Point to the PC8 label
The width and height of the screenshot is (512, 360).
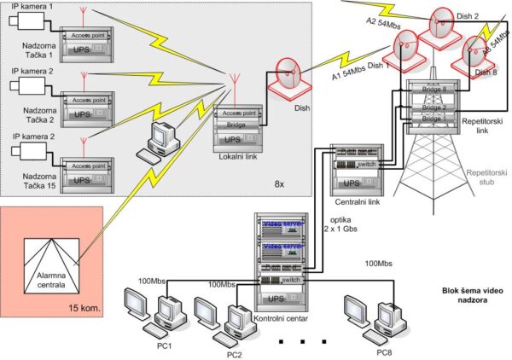point(387,351)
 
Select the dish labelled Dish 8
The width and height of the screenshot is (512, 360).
point(477,54)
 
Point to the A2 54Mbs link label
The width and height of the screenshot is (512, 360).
point(382,26)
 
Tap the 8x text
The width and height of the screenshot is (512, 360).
point(279,183)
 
